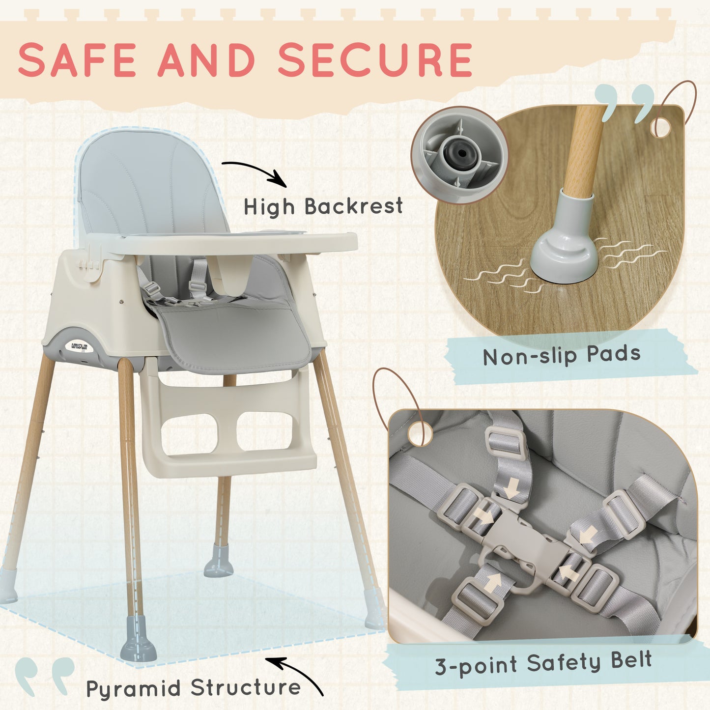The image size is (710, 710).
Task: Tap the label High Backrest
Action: coord(323,207)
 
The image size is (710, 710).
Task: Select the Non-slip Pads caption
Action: coord(562,356)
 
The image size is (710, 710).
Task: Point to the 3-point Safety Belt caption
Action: coord(543,663)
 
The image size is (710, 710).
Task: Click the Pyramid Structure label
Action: coord(193,688)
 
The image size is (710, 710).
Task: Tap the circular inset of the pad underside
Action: coord(459,155)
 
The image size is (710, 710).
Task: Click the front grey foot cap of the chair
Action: coord(138,639)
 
